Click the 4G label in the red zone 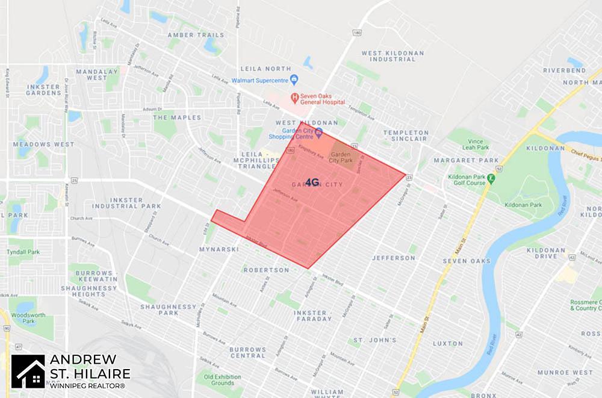(x=312, y=182)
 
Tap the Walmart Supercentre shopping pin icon (x=294, y=79)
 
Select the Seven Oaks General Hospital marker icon (x=294, y=97)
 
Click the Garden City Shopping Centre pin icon (x=319, y=132)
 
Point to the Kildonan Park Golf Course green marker (x=491, y=178)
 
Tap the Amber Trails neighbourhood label (x=197, y=36)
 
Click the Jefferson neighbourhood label (x=394, y=258)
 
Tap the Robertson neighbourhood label (x=266, y=270)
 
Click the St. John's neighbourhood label (x=374, y=340)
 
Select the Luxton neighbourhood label (x=447, y=344)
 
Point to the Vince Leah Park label (x=476, y=144)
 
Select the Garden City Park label (x=341, y=157)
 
